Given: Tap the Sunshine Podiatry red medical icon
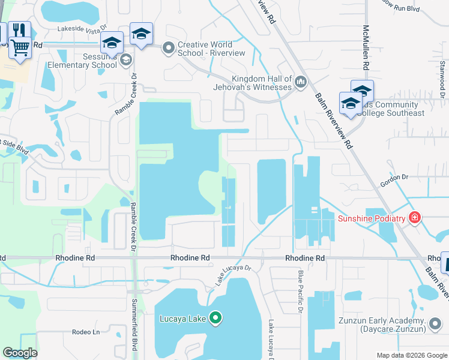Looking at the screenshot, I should pyautogui.click(x=414, y=218).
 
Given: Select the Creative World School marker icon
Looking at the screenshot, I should pyautogui.click(x=169, y=47).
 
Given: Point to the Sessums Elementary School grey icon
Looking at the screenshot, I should pyautogui.click(x=125, y=59).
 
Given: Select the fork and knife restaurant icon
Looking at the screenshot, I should pyautogui.click(x=20, y=30).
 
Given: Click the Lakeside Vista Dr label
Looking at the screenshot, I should pyautogui.click(x=82, y=28).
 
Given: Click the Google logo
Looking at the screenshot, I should pyautogui.click(x=20, y=353).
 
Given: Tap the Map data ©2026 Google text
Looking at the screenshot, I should pyautogui.click(x=411, y=355).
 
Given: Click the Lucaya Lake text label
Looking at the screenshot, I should pyautogui.click(x=182, y=319).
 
